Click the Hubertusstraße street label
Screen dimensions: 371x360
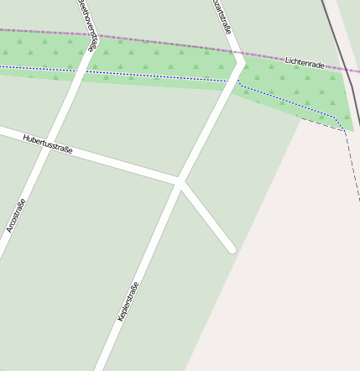click(48, 144)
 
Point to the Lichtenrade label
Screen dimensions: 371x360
click(305, 62)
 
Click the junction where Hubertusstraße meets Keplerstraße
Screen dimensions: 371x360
click(179, 180)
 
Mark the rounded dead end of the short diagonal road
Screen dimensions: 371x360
click(232, 248)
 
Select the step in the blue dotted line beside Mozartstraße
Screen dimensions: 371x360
click(238, 83)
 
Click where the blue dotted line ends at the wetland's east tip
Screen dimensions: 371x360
click(344, 130)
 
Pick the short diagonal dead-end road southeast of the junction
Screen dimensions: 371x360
click(206, 215)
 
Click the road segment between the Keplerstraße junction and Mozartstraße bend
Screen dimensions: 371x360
click(210, 122)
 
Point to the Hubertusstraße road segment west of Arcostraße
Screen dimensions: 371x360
click(17, 133)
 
